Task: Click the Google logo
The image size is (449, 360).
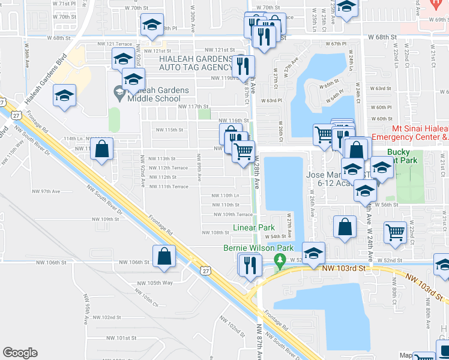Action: (20, 353)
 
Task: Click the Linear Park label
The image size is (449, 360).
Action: (254, 227)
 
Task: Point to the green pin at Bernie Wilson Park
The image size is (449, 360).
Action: (279, 260)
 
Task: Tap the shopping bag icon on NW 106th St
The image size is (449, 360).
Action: (164, 256)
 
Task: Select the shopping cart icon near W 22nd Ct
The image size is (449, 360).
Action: (395, 232)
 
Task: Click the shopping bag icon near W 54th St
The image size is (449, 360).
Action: (345, 227)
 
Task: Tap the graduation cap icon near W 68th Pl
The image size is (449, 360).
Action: (152, 26)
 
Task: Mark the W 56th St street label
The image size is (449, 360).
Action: (386, 205)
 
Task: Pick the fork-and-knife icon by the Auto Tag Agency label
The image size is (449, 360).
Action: (243, 66)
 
